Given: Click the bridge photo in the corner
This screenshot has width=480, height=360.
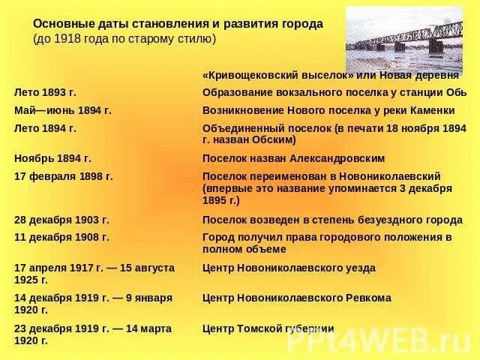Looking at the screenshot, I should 403,39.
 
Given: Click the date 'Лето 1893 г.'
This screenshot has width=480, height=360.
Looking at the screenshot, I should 45,92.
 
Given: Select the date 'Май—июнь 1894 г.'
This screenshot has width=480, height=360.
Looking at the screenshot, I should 63,110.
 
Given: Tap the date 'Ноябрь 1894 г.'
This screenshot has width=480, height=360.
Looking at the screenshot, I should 52,158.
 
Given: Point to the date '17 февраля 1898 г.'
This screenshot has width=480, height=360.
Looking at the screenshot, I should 64,176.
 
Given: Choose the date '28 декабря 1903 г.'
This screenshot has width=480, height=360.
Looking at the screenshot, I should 61,220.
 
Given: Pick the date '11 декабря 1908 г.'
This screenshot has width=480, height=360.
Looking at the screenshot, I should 61,237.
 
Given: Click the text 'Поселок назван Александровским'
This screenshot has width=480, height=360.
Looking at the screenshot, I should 293,158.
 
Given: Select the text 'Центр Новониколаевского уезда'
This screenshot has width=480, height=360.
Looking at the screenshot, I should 289,268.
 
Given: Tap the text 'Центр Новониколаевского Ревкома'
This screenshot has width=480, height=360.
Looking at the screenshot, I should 296,298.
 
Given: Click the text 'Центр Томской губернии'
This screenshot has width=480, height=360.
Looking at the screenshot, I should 268,328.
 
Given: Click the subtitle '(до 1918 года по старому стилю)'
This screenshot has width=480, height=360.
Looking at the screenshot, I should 124,38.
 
